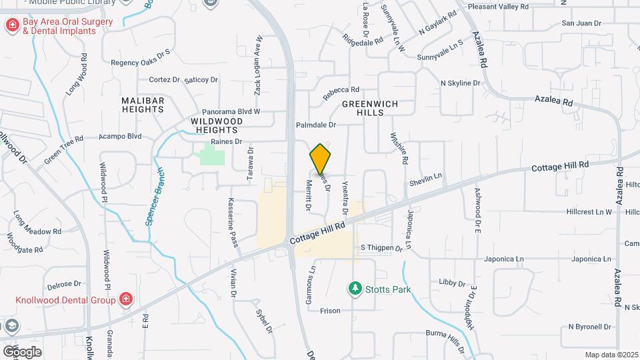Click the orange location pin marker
321,159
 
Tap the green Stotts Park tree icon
355,289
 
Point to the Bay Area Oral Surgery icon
12,25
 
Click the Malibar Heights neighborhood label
143,104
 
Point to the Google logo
21,351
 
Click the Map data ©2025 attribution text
611,355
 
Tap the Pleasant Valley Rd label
498,6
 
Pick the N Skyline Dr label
461,83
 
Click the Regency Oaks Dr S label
141,62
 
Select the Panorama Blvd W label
231,111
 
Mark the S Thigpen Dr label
382,247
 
